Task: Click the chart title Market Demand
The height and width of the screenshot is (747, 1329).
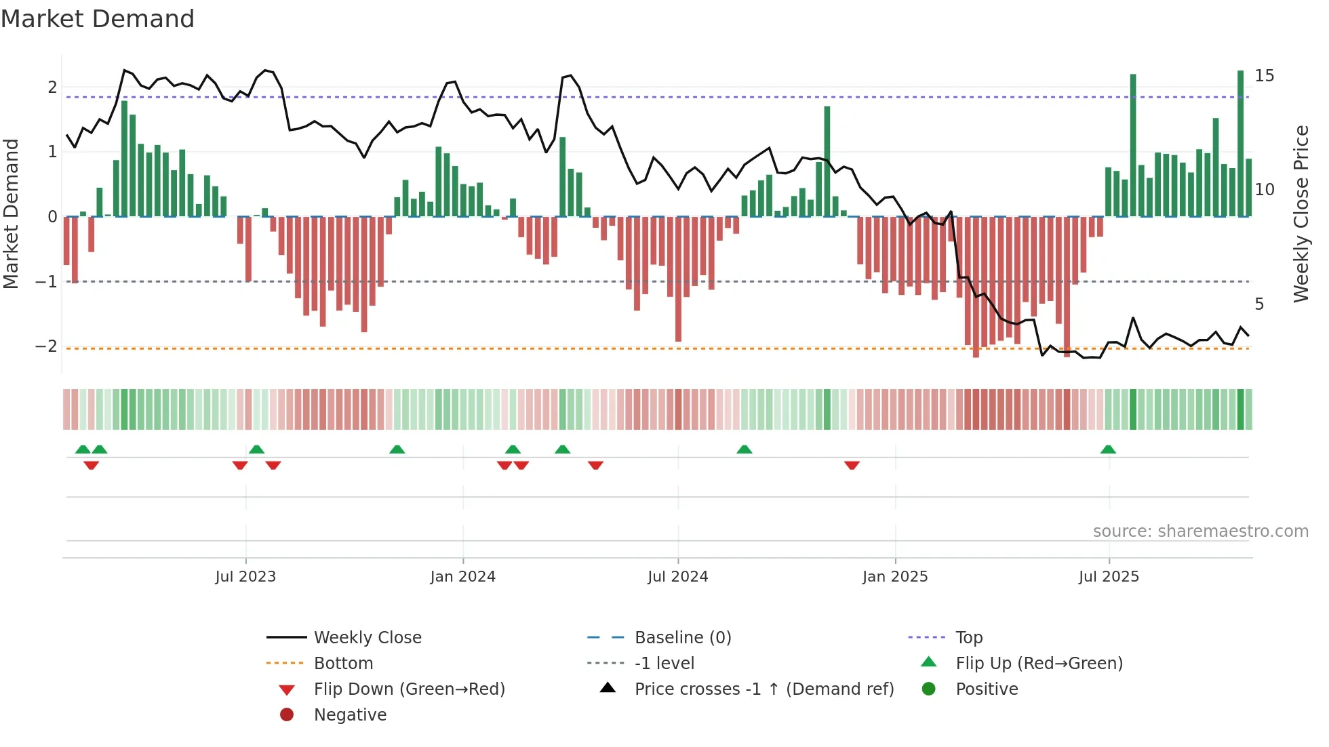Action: click(x=98, y=19)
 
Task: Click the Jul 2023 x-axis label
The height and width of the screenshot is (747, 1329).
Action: click(x=245, y=577)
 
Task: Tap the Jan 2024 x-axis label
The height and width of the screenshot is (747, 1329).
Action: click(x=463, y=577)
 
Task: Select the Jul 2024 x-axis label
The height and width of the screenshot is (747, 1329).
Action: click(x=677, y=577)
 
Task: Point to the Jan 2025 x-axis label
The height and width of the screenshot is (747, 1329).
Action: click(x=895, y=577)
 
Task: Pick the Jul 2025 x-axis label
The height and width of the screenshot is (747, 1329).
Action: click(x=1109, y=577)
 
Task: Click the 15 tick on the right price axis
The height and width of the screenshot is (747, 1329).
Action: click(x=1264, y=75)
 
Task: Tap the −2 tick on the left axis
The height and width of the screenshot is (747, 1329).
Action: click(x=46, y=346)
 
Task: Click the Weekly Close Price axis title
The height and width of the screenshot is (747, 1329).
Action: click(x=1301, y=214)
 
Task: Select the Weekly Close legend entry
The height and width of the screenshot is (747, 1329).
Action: click(x=367, y=638)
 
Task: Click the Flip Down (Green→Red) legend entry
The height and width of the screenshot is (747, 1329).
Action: click(x=409, y=689)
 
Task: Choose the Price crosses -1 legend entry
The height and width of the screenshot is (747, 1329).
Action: click(x=763, y=689)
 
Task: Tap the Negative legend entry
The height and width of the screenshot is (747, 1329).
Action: click(x=350, y=715)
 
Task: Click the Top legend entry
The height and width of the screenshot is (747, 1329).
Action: click(x=968, y=638)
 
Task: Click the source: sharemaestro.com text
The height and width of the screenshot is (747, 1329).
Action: click(x=1200, y=531)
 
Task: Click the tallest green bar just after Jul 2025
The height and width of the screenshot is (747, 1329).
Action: click(x=1133, y=146)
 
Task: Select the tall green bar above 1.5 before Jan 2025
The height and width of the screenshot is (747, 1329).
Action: click(x=827, y=161)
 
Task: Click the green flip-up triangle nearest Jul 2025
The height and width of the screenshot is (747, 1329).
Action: click(x=1108, y=449)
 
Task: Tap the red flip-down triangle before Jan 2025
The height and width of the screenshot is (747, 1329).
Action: click(x=852, y=465)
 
